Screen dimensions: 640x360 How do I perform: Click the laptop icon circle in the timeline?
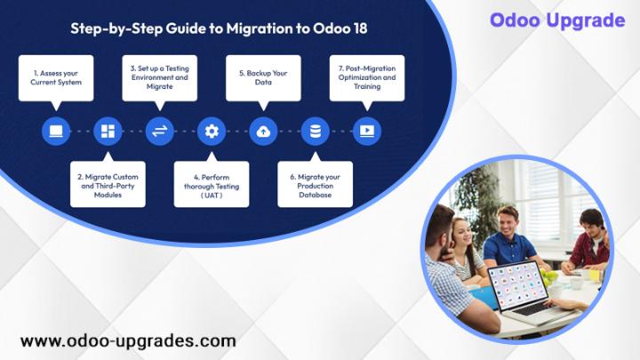[x=56, y=132]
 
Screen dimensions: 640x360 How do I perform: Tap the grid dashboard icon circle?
[x=108, y=132]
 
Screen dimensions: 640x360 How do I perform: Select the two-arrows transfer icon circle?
[x=160, y=132]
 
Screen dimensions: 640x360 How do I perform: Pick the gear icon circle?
[x=212, y=132]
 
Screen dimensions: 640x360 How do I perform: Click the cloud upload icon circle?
[x=263, y=132]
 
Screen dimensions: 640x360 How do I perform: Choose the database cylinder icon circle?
[x=315, y=132]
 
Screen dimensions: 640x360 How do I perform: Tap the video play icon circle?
[x=367, y=132]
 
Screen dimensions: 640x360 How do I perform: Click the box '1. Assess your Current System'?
[x=56, y=78]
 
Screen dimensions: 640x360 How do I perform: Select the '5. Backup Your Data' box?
[x=263, y=78]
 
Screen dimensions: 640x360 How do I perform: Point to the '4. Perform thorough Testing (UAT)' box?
[x=212, y=184]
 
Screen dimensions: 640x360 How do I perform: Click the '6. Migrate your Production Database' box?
[x=315, y=184]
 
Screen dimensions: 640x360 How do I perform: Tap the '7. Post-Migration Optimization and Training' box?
[x=367, y=78]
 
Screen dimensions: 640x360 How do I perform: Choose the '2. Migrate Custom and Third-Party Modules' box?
[x=108, y=184]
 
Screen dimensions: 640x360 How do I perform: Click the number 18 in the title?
[x=360, y=28]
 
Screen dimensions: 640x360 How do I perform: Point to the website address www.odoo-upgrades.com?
[x=128, y=341]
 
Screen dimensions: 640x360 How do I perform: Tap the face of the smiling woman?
[x=462, y=231]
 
